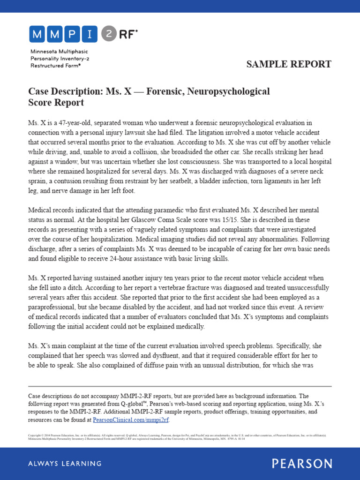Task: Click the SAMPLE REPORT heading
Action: [x=289, y=64]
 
